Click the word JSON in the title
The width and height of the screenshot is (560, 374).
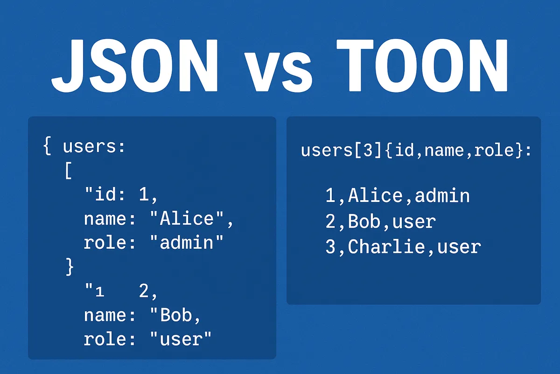[135, 65]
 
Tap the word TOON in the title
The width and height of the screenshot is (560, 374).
[422, 65]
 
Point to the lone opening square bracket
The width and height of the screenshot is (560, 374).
[68, 172]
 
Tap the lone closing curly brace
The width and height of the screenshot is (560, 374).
[70, 267]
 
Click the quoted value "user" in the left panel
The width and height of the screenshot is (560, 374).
[180, 339]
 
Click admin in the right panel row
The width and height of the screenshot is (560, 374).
[442, 196]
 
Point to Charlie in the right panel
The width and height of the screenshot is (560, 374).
[386, 247]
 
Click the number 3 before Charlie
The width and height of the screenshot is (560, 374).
[330, 247]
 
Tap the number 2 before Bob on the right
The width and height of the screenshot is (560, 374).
[330, 222]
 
